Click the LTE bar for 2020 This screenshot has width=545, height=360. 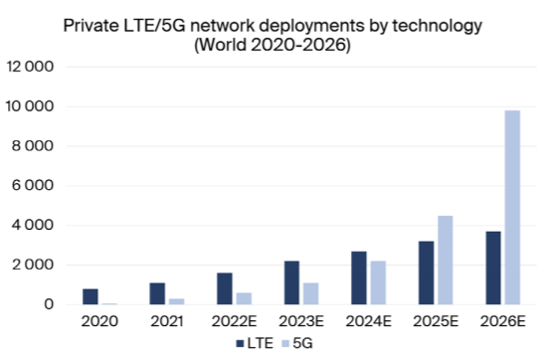[91, 296]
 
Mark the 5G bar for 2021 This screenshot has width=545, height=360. [176, 301]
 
